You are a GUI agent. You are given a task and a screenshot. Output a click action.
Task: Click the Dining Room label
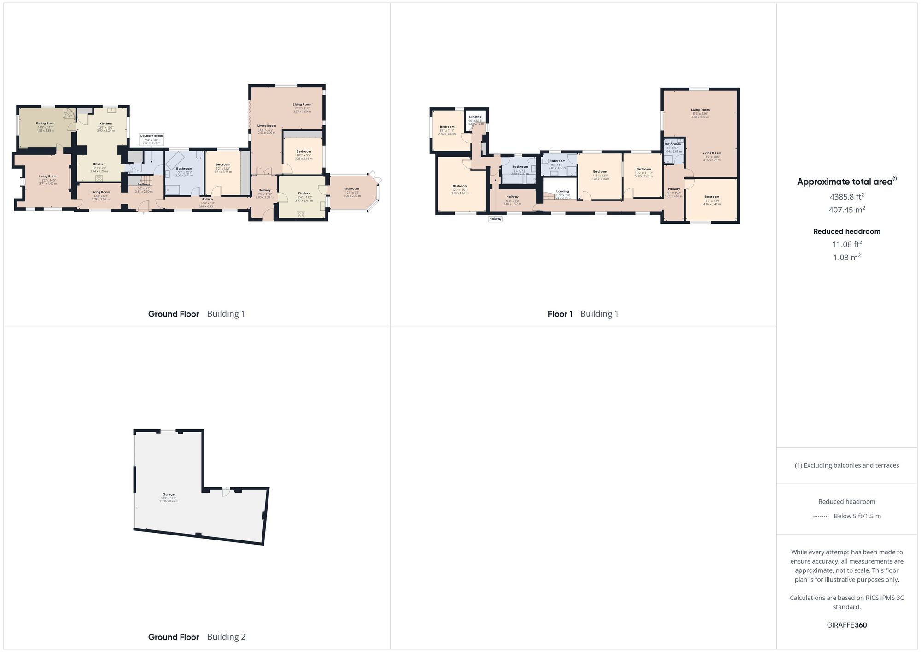point(46,123)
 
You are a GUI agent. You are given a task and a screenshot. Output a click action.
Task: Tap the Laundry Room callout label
point(152,136)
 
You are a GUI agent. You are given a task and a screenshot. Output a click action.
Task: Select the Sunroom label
point(352,188)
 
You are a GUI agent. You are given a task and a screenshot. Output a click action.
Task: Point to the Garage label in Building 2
point(169,494)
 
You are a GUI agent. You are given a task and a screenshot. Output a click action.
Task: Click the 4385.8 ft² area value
point(846,197)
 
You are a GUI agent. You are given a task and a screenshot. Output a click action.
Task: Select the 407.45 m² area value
point(846,210)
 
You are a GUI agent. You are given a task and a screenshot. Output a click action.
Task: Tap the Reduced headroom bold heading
point(846,231)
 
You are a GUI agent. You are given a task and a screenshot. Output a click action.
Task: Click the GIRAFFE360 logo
point(846,625)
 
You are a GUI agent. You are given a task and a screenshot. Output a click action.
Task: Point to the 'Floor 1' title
point(560,314)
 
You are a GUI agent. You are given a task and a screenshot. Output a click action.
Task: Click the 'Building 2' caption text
point(226,637)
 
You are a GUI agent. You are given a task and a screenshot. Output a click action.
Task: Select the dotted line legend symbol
point(821,516)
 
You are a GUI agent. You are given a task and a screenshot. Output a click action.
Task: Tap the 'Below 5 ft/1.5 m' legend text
point(857,516)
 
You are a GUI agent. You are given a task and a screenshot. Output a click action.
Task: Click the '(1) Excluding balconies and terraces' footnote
point(846,465)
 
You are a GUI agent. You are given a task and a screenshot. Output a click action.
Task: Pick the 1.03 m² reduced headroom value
point(846,258)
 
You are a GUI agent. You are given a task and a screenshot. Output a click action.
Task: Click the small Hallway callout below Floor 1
point(495,219)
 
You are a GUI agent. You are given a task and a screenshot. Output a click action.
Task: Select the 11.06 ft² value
point(846,244)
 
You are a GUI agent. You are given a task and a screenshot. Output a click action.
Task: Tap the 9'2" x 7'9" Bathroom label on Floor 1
point(520,167)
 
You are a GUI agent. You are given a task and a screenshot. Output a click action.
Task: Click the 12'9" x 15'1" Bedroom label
point(460,186)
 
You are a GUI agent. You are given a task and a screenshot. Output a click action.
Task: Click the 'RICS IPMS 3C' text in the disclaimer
point(884,598)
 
